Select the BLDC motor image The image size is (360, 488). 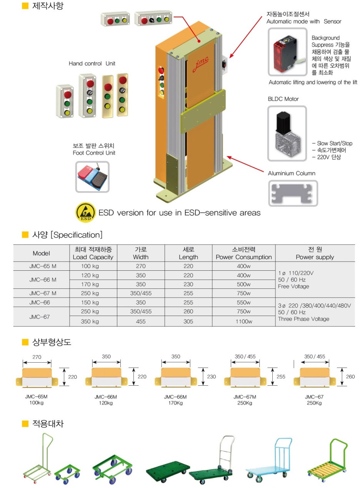(287, 133)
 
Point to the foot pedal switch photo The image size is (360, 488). (92, 177)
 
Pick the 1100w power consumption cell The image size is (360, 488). (243, 321)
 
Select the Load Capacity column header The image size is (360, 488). (93, 253)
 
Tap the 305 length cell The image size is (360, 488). (188, 321)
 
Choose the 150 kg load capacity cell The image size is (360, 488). (90, 302)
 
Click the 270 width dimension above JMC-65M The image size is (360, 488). (37, 357)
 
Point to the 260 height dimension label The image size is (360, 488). (350, 376)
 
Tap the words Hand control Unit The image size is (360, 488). (92, 63)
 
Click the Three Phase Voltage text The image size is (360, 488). (303, 319)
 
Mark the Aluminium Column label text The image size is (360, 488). (292, 173)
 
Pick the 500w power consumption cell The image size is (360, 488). (243, 284)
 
